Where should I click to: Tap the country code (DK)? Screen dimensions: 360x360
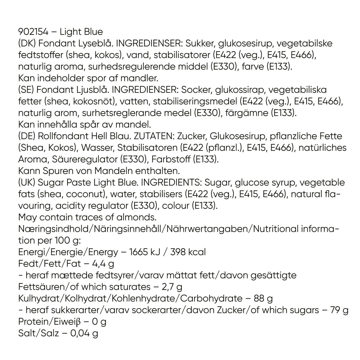(27, 43)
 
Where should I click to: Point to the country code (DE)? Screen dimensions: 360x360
(27, 136)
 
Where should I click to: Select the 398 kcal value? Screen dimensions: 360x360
(188, 252)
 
